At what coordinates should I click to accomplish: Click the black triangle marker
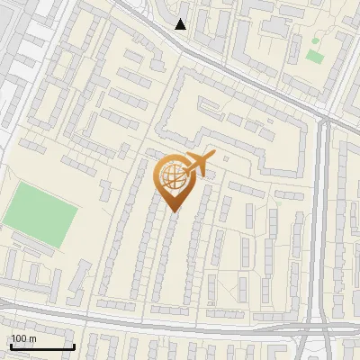click(181, 24)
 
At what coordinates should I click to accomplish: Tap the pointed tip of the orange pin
click(174, 211)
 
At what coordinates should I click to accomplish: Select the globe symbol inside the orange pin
click(174, 178)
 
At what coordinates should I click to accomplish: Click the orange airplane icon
click(201, 165)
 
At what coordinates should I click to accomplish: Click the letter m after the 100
click(31, 339)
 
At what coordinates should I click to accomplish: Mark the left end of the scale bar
click(10, 347)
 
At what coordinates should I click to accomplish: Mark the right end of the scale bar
click(74, 347)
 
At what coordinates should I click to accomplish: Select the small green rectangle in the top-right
click(314, 56)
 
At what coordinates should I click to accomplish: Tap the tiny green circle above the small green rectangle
click(314, 40)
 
